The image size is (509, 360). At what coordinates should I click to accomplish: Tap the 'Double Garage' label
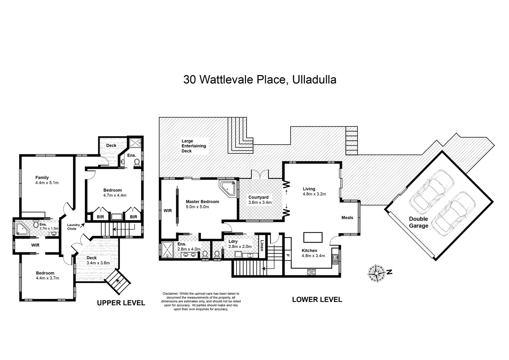(x=418, y=222)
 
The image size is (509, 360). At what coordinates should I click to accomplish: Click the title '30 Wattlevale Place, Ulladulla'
(x=259, y=80)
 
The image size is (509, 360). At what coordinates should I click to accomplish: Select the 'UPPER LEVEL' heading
(x=121, y=303)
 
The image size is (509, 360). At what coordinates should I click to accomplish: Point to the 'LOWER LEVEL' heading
(x=317, y=299)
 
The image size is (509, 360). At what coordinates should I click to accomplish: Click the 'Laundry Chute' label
(x=74, y=227)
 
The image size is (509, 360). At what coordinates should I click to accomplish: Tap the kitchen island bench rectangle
(x=313, y=237)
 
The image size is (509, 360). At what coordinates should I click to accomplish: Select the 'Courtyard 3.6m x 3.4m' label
(x=260, y=200)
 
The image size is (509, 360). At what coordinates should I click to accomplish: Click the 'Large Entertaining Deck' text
(x=194, y=146)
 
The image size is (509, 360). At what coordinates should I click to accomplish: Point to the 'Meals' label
(x=347, y=218)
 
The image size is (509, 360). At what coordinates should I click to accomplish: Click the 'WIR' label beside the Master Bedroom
(x=168, y=211)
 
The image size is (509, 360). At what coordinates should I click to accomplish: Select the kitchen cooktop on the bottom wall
(x=311, y=272)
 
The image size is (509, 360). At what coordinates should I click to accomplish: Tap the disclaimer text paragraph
(x=201, y=301)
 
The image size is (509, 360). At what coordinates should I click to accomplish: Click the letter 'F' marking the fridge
(x=287, y=255)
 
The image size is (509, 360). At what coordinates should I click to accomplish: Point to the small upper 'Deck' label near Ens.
(x=111, y=145)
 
